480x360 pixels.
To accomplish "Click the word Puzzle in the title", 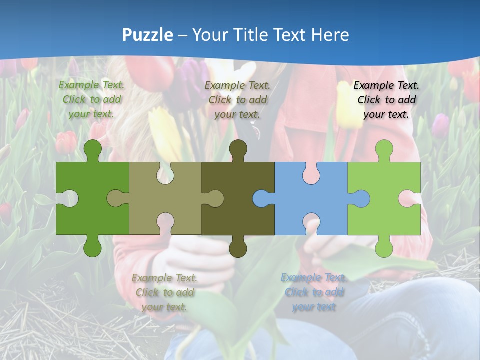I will (x=148, y=35).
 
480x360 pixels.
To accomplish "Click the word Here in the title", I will (x=330, y=35).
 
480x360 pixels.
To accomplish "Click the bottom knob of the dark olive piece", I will (x=238, y=247).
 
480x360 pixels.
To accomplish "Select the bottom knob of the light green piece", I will (x=384, y=247).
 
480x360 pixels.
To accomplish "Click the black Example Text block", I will (x=386, y=100).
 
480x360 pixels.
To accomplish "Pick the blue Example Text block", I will (x=314, y=292).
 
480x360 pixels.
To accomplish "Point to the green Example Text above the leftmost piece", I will (x=92, y=99).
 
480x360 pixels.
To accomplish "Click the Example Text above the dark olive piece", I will (x=237, y=100).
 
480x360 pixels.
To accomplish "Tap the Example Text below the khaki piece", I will (x=165, y=292).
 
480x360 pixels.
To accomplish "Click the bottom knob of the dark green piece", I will (x=92, y=247).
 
